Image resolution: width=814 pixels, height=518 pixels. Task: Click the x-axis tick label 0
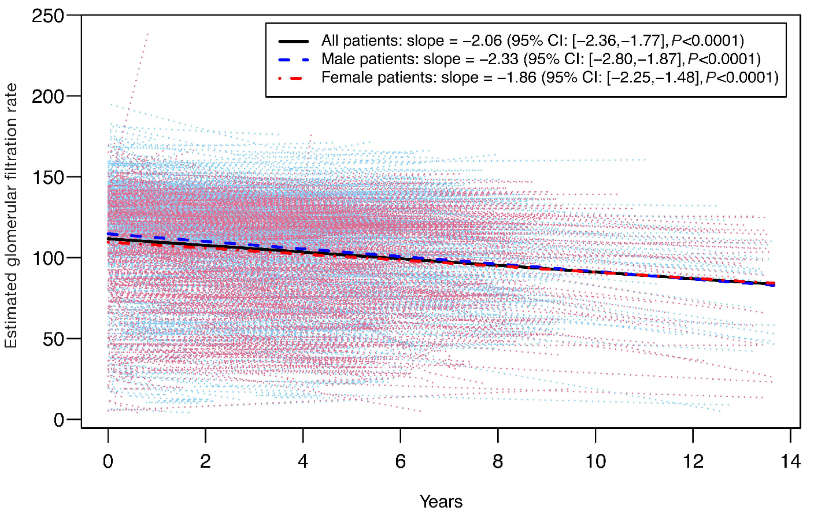coord(108,461)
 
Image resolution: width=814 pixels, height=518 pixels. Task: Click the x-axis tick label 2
coord(205,461)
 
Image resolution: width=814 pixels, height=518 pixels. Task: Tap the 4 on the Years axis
coord(303,461)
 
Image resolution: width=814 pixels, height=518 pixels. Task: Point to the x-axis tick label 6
coord(401,461)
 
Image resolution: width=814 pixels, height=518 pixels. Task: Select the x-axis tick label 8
coord(498,461)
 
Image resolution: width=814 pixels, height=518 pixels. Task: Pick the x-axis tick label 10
coord(595,461)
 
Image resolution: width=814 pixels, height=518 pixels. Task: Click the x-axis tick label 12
coord(693,461)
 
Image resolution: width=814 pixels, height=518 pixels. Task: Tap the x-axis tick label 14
coord(790,461)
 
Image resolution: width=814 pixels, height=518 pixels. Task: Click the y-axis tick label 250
coord(48,16)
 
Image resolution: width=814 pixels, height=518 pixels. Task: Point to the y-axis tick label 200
coord(48,97)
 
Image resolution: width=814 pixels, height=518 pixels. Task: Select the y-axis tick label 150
coord(48,177)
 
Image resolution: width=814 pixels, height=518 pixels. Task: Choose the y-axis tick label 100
coord(48,258)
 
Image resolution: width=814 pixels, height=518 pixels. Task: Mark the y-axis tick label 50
coord(53,339)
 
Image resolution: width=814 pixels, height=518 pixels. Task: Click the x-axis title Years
coord(441,502)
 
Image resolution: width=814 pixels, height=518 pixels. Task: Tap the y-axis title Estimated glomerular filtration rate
coord(12,216)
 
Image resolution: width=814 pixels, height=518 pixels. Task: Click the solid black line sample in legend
coord(294,41)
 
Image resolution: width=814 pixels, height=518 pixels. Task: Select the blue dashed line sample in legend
coord(294,60)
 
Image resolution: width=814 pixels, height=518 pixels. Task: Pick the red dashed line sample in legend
coord(294,78)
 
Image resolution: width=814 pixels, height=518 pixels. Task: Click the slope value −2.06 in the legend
coord(482,41)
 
